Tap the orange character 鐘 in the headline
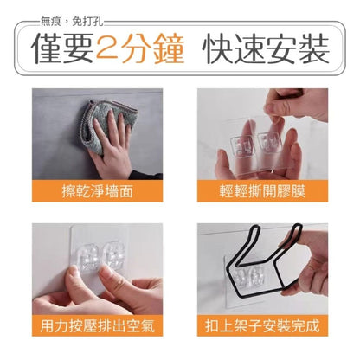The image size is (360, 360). pyautogui.click(x=170, y=48)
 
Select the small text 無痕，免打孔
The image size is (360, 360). pyautogui.click(x=72, y=22)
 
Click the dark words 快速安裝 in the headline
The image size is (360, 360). pyautogui.click(x=266, y=48)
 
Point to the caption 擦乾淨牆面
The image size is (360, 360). pyautogui.click(x=98, y=191)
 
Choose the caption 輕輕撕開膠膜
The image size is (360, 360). pyautogui.click(x=262, y=191)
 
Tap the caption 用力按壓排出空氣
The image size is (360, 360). pyautogui.click(x=98, y=325)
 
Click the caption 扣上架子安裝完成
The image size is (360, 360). pyautogui.click(x=262, y=325)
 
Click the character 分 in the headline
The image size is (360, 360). pyautogui.click(x=138, y=48)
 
